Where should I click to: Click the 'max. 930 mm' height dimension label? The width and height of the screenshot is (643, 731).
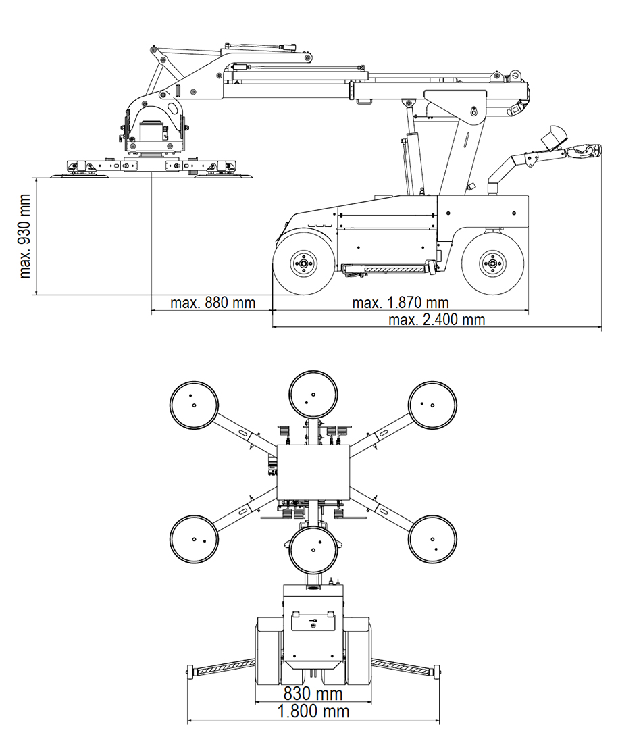(x=25, y=236)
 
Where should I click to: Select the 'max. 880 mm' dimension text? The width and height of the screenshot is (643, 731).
(x=213, y=303)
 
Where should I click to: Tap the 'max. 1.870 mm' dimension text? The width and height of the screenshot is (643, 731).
(x=401, y=303)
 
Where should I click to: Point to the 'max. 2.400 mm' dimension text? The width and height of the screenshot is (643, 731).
(x=436, y=320)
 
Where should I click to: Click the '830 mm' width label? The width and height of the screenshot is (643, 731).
(x=313, y=694)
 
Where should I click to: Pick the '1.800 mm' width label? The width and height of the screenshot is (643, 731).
(x=313, y=711)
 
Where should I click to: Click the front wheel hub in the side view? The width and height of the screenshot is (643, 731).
(x=303, y=264)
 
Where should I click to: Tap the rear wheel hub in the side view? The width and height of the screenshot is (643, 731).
(x=492, y=264)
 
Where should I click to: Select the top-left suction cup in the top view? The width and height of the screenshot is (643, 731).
(x=194, y=405)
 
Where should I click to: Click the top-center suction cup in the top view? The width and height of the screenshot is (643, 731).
(x=313, y=395)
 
